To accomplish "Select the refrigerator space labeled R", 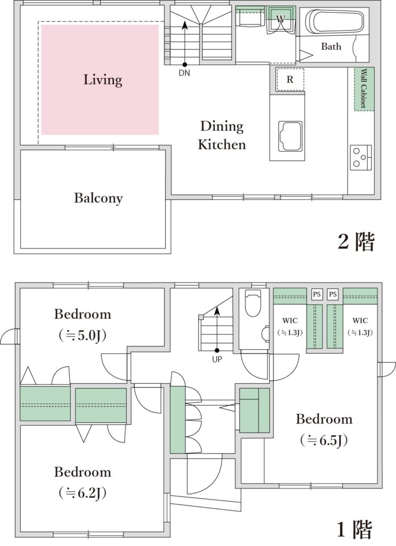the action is click(290, 79).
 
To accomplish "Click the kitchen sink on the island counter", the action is click(290, 136).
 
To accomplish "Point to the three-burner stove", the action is click(361, 157).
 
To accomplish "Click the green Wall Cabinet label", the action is click(364, 89).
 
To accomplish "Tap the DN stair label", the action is click(184, 73).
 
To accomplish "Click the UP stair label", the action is click(217, 359).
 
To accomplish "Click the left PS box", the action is click(316, 294).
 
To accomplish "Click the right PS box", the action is click(333, 294).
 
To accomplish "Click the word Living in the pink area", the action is click(103, 80).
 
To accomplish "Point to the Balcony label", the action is click(99, 198).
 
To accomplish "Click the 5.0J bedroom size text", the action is click(83, 336).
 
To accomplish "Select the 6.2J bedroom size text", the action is click(83, 493).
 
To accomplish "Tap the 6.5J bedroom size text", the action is click(324, 440).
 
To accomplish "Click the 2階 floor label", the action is click(356, 242).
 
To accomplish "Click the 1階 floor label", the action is click(355, 529).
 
